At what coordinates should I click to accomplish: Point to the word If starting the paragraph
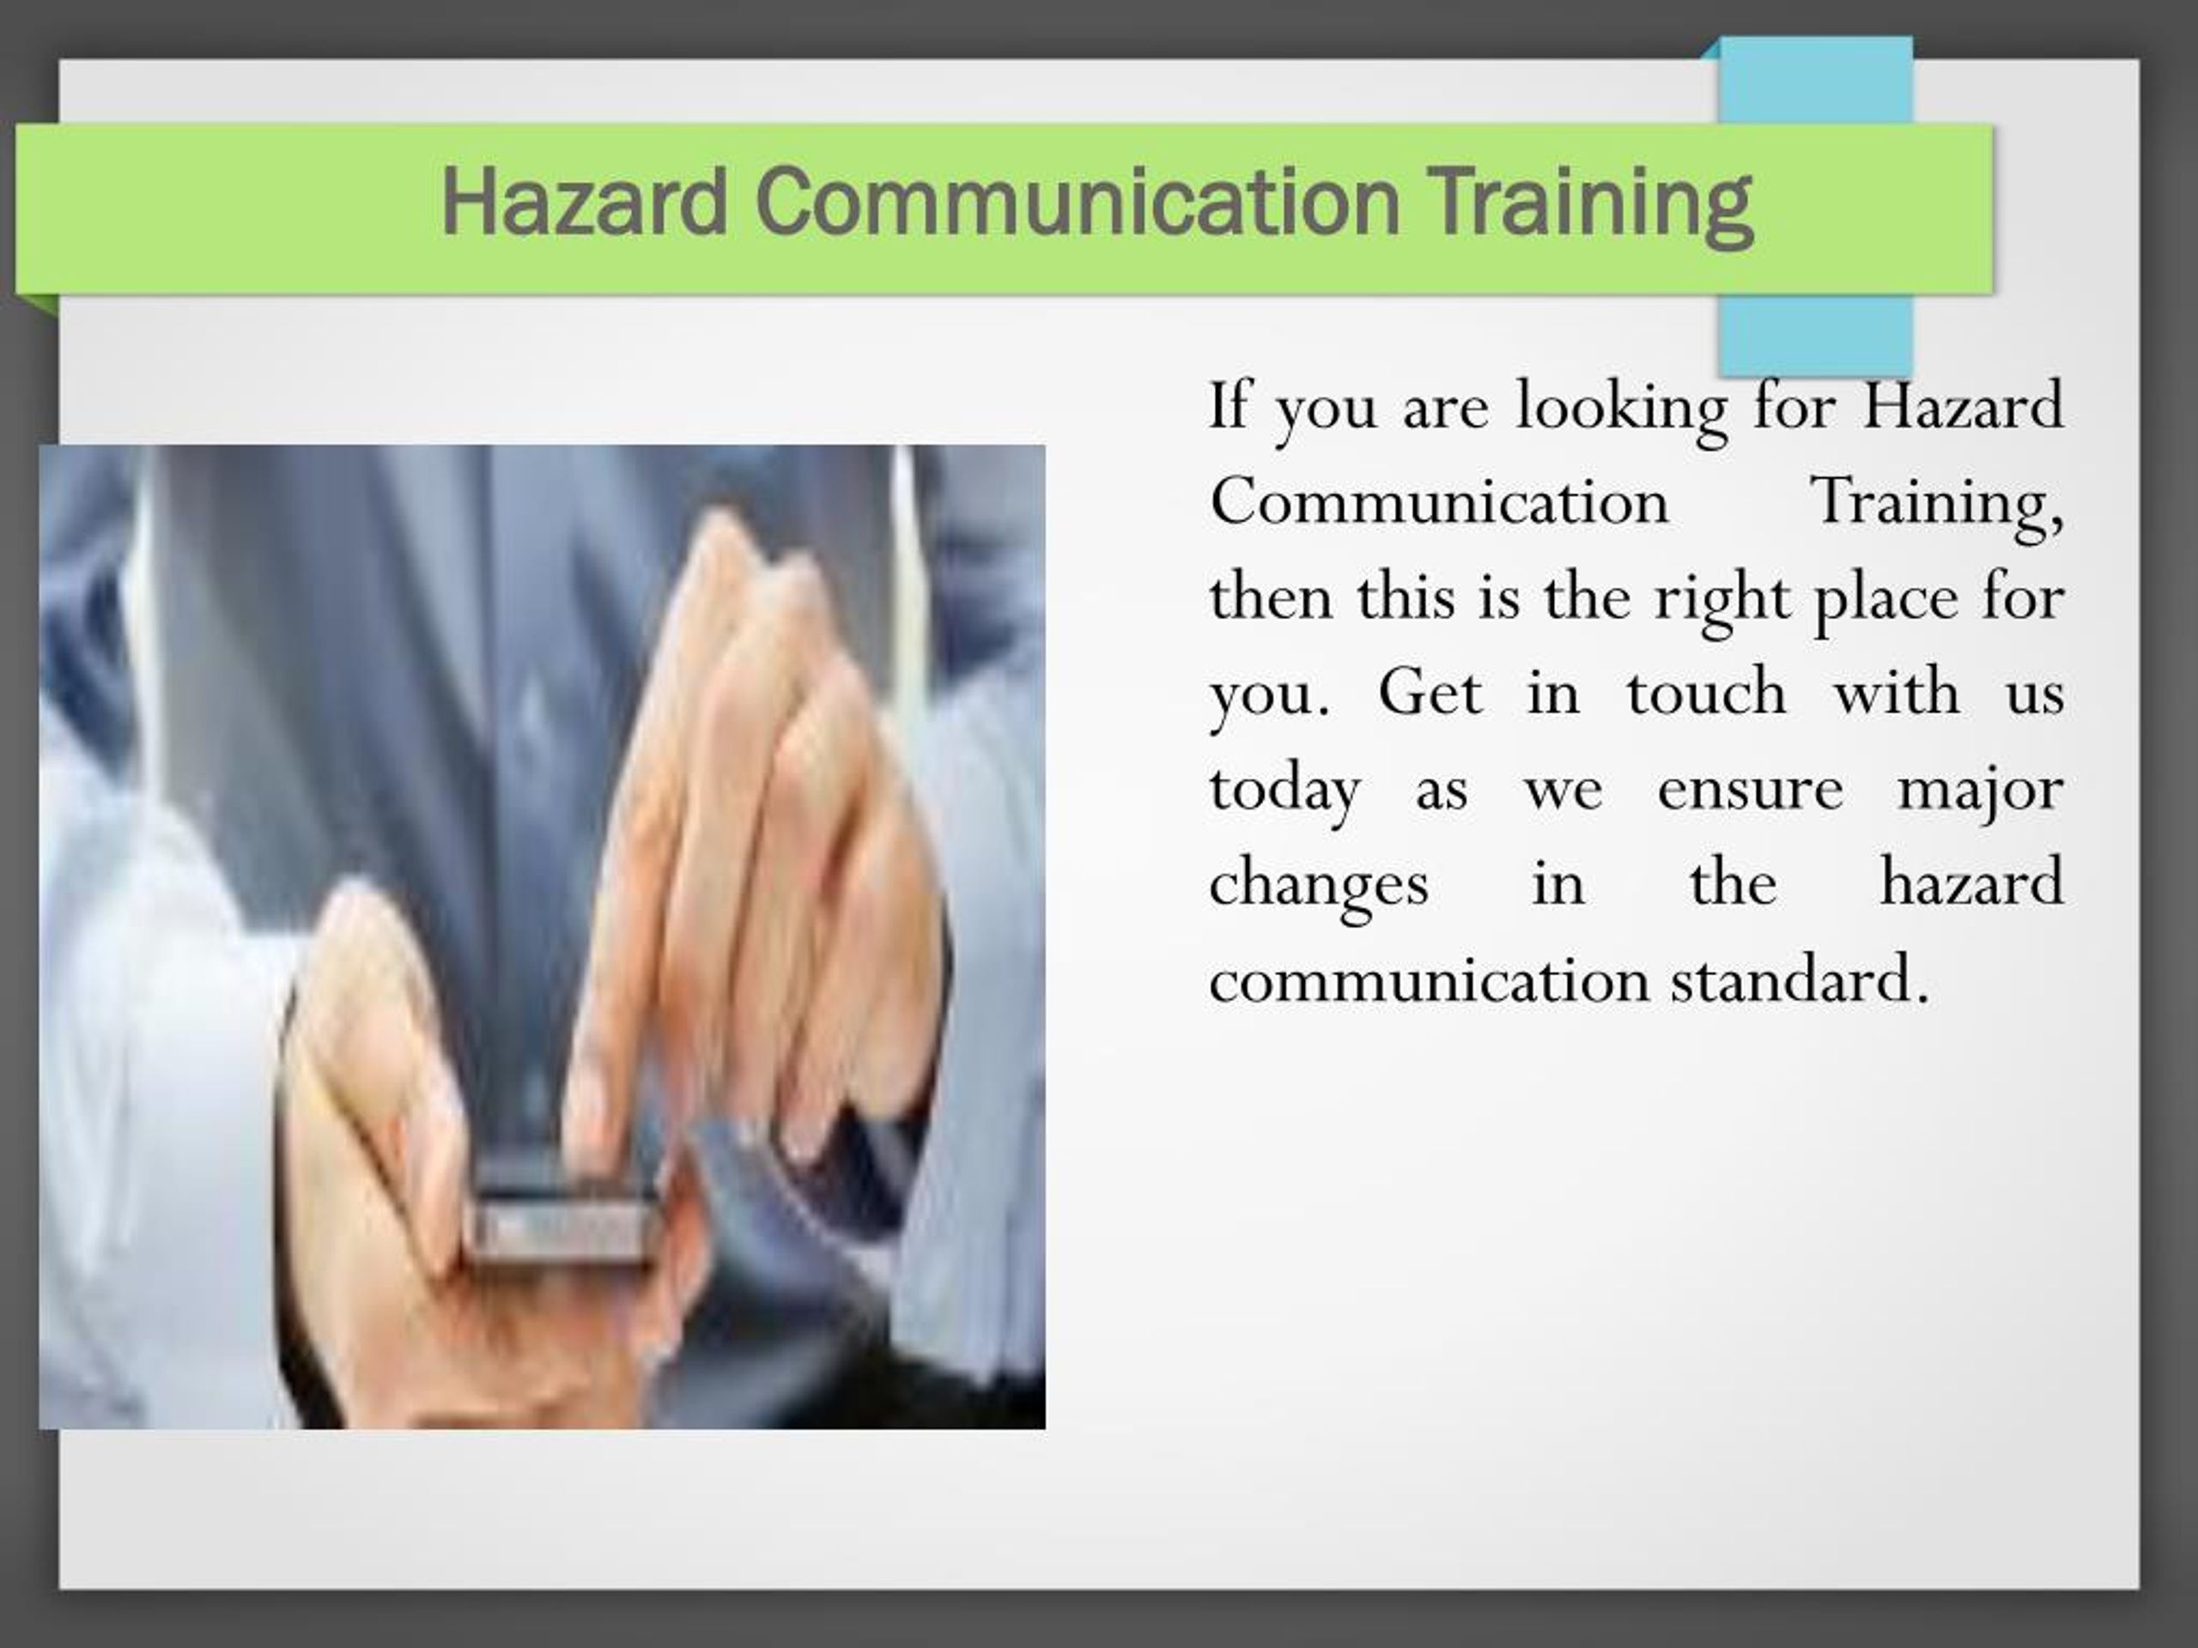click(x=1228, y=406)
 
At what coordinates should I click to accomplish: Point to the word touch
click(x=1705, y=693)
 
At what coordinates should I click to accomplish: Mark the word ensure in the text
click(x=1750, y=790)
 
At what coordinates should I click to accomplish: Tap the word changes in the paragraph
click(x=1319, y=885)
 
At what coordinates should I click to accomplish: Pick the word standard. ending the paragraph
click(x=1800, y=980)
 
